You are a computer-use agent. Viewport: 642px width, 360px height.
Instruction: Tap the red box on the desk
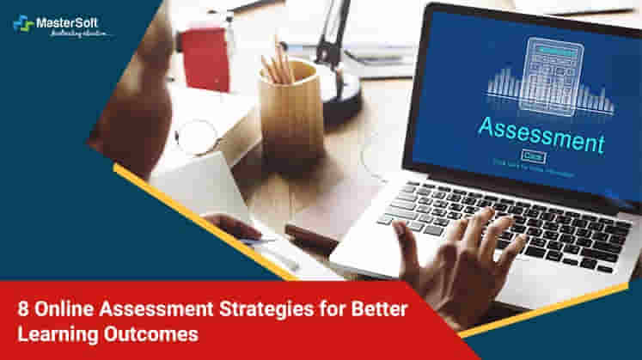(206, 55)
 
